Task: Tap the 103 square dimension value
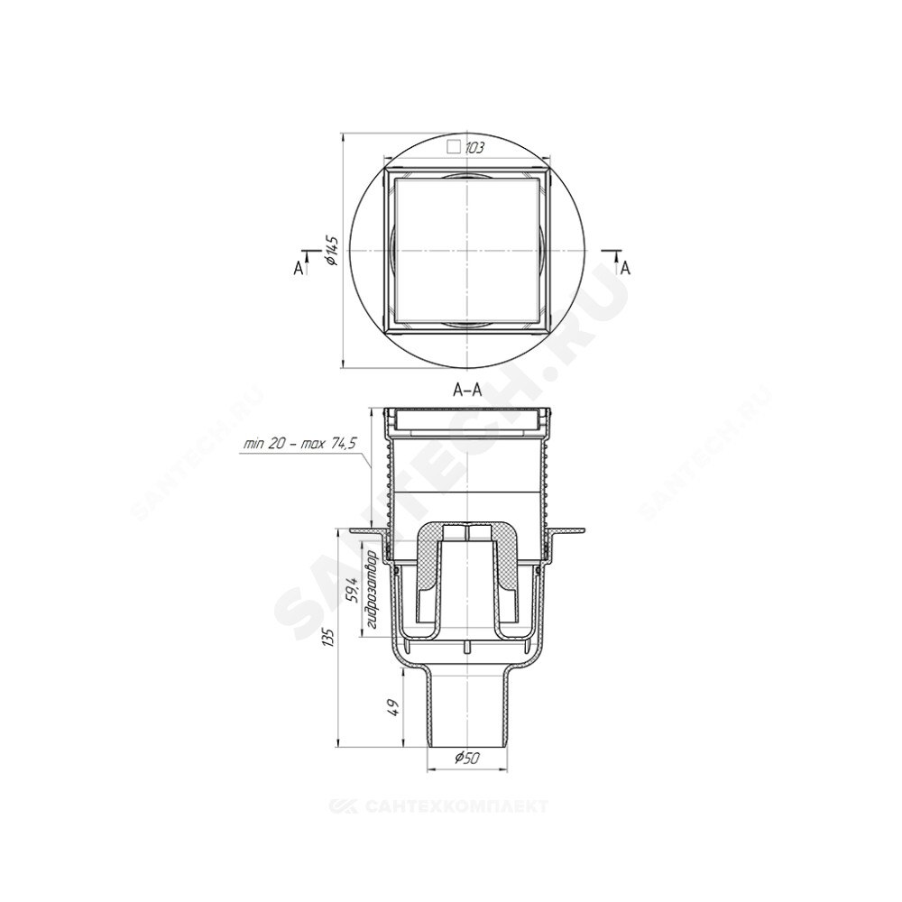pyautogui.click(x=474, y=148)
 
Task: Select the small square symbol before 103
pyautogui.click(x=455, y=147)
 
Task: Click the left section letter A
pyautogui.click(x=298, y=268)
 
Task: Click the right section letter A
pyautogui.click(x=626, y=268)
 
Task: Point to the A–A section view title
pyautogui.click(x=467, y=391)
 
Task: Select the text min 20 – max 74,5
pyautogui.click(x=300, y=444)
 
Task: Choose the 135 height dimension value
pyautogui.click(x=328, y=637)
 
